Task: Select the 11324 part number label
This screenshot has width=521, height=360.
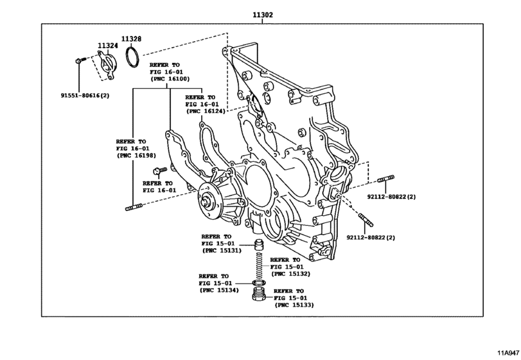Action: (108, 46)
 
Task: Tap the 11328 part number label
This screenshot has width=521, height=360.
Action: (132, 38)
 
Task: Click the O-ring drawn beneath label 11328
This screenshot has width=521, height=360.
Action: (133, 57)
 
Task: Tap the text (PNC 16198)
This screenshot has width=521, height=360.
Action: (136, 156)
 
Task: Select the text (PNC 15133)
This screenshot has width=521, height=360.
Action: (294, 305)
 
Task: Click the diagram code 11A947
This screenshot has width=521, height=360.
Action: (506, 352)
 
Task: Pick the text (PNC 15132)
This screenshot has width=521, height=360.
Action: (290, 274)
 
